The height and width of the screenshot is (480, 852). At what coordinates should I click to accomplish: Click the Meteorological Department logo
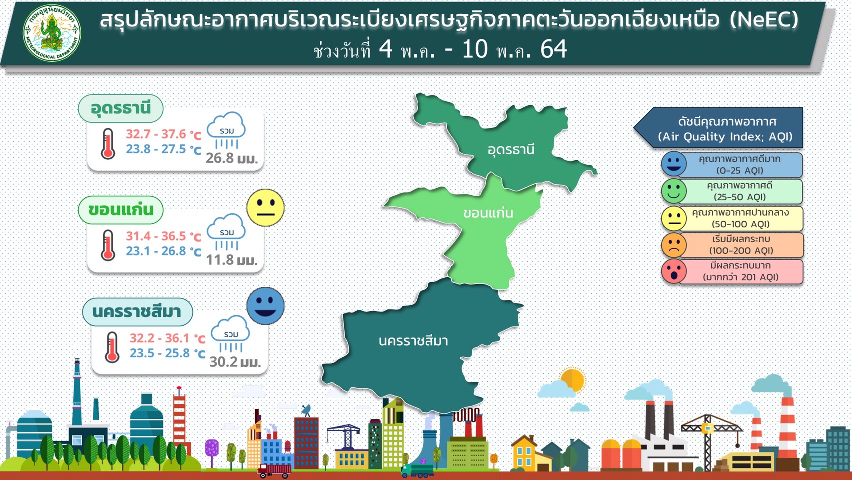[x=52, y=33]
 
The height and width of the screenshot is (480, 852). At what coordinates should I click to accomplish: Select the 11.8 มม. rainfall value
[x=232, y=260]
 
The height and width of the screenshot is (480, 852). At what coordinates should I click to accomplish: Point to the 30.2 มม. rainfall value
[x=235, y=362]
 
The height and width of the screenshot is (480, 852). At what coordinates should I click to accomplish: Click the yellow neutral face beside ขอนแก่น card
[x=266, y=208]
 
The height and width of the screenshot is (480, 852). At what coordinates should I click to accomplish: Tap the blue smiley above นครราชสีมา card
[x=266, y=306]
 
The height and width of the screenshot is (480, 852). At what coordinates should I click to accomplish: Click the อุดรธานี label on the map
[x=511, y=149]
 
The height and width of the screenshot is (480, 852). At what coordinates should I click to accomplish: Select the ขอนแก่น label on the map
[x=488, y=213]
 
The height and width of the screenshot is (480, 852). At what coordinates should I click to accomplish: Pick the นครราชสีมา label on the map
[x=413, y=341]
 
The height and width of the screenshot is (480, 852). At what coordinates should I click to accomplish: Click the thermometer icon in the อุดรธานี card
[x=108, y=143]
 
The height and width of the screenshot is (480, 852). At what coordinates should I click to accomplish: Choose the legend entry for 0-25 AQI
[x=732, y=165]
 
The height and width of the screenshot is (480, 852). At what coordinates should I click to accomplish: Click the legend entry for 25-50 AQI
[x=732, y=191]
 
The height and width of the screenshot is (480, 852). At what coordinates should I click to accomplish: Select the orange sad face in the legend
[x=674, y=245]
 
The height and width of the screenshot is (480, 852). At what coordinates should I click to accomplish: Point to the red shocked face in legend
[x=674, y=271]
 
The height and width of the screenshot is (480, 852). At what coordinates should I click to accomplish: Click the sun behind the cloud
[x=573, y=379]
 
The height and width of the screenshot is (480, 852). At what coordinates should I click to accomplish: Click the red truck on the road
[x=274, y=471]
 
